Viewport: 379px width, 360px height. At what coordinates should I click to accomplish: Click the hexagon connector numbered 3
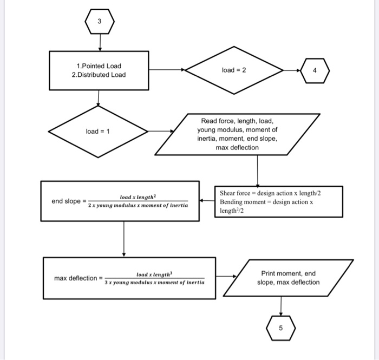[100, 22]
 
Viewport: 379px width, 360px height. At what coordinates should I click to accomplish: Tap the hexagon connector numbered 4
[315, 70]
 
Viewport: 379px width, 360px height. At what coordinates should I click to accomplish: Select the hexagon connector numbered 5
[280, 328]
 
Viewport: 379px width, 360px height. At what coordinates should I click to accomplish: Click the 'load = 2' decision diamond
[234, 70]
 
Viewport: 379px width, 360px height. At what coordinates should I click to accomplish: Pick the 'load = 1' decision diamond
[98, 132]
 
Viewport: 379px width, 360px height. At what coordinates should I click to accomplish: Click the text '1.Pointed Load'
[99, 66]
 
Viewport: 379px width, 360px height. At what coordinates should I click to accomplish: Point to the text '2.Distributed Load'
[99, 75]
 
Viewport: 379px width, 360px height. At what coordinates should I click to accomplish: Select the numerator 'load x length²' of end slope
[138, 197]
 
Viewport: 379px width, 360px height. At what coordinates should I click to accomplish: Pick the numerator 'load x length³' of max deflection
[154, 274]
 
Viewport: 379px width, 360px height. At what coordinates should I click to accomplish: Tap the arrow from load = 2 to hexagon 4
[292, 70]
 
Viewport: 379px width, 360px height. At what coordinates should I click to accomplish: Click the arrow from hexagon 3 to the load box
[100, 42]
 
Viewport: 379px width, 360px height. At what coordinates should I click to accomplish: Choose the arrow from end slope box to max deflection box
[124, 238]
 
